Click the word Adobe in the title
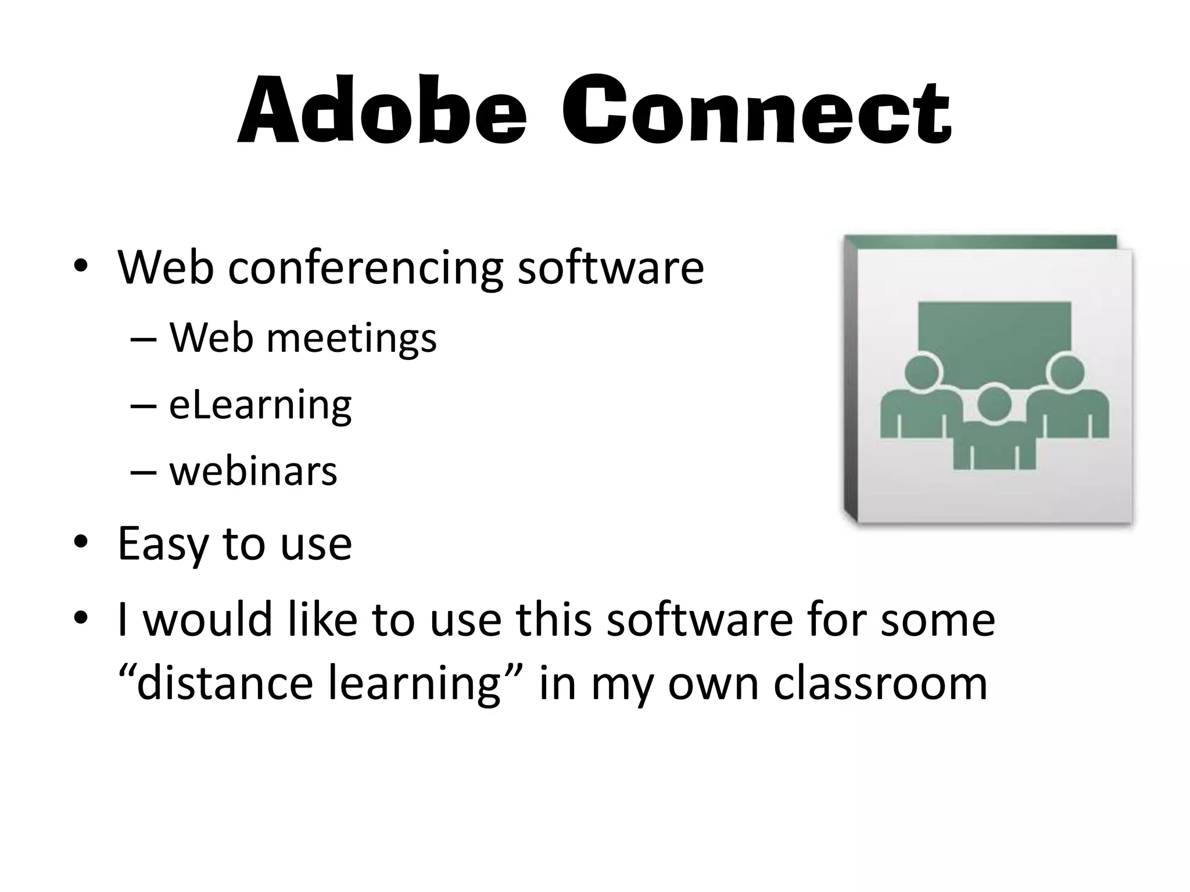(x=383, y=111)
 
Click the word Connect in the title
(x=756, y=111)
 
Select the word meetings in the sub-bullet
(x=351, y=338)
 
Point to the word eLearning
(x=260, y=405)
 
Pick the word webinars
(x=253, y=471)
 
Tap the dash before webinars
(x=144, y=472)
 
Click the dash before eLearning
(x=144, y=405)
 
